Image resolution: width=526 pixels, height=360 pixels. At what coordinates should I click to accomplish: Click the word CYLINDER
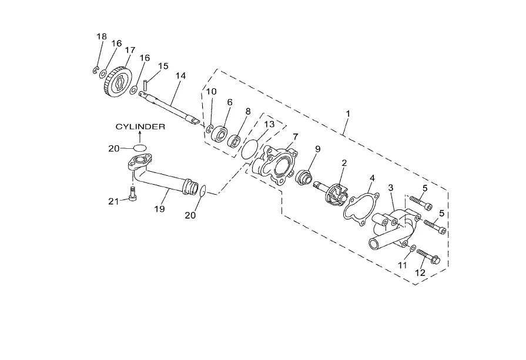point(140,126)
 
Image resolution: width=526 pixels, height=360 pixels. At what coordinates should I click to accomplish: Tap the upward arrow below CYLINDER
point(140,137)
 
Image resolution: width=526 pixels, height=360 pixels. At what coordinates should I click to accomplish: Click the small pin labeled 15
point(146,85)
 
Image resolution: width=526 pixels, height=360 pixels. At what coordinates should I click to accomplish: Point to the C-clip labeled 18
point(96,71)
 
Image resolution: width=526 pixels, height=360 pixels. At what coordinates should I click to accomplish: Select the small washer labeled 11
point(413,248)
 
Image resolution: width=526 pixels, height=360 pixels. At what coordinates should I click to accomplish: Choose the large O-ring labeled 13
point(250,149)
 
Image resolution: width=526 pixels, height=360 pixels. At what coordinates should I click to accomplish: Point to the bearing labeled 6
point(219,134)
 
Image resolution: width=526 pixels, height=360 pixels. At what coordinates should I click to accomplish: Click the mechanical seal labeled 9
point(304,176)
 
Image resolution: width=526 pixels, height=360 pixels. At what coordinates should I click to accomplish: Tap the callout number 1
point(348,114)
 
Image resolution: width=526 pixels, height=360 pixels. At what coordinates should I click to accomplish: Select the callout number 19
point(160,209)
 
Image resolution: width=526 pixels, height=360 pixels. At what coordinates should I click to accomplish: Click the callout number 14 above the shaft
point(180,76)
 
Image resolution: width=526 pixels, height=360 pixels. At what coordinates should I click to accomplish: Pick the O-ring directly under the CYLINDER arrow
point(140,148)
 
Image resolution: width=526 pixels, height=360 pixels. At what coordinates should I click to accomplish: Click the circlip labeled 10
point(210,129)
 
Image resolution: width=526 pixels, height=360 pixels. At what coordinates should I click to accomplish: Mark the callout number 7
point(295,136)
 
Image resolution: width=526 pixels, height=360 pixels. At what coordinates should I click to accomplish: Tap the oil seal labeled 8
point(234,141)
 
